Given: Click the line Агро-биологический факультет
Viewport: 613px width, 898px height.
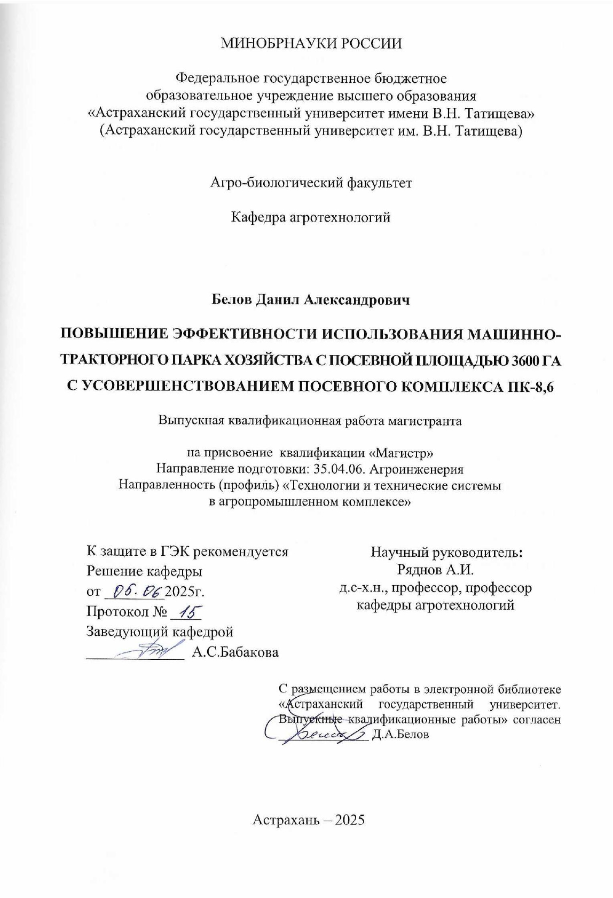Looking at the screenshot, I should [x=311, y=183].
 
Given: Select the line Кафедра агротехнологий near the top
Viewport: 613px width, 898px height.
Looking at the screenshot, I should [x=310, y=218].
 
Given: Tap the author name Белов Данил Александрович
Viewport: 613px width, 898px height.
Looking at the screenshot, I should [x=311, y=301].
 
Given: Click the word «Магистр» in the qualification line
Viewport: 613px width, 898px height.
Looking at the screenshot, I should [x=401, y=453].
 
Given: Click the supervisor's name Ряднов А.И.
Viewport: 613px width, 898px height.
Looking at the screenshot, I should [x=436, y=570].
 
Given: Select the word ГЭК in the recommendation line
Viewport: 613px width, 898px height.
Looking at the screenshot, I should [x=175, y=552].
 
